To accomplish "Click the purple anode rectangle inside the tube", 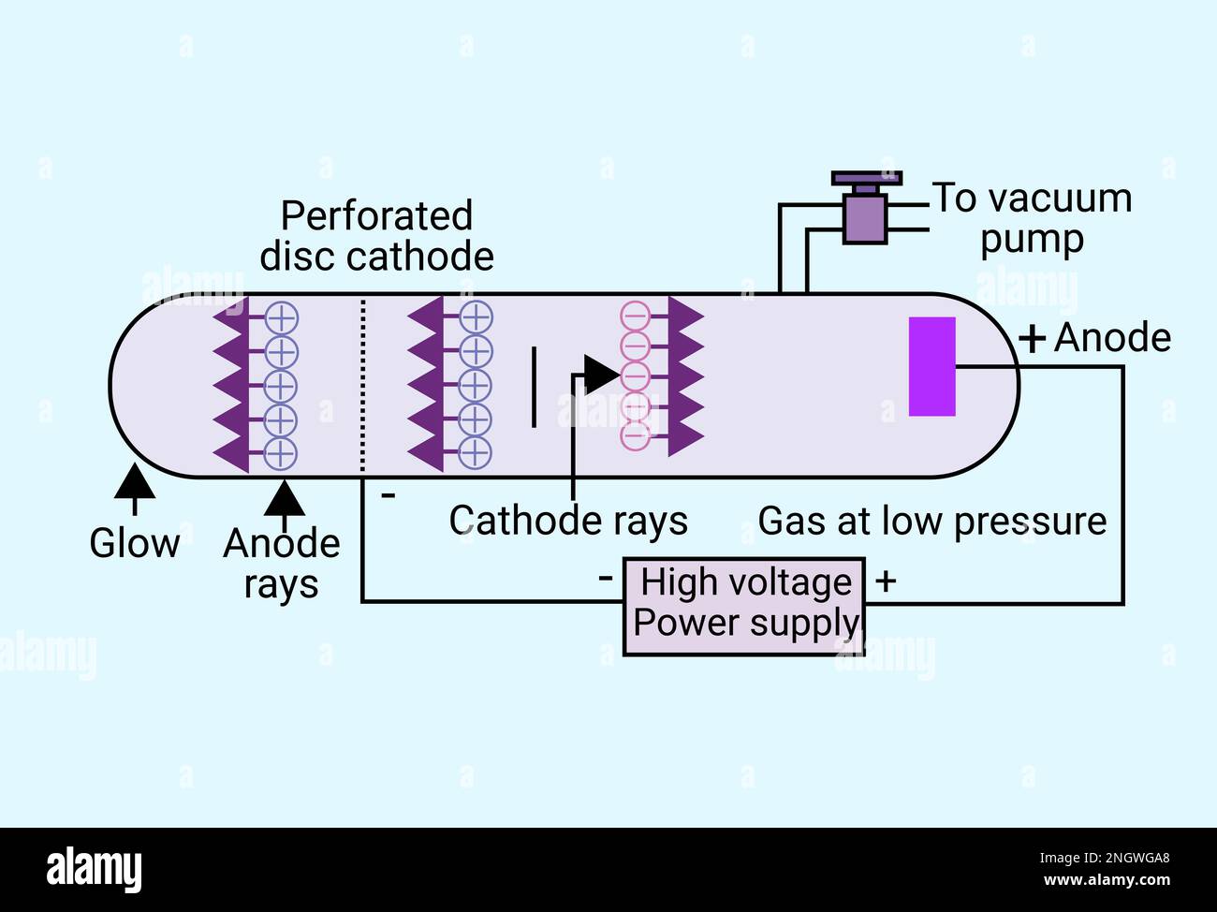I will pyautogui.click(x=931, y=366).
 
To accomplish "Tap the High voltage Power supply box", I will pyautogui.click(x=744, y=605).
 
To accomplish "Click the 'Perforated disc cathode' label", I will pyautogui.click(x=376, y=236).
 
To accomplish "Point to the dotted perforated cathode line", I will pyautogui.click(x=362, y=384).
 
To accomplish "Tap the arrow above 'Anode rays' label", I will pyautogui.click(x=284, y=498).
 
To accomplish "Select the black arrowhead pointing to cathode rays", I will pyautogui.click(x=599, y=374).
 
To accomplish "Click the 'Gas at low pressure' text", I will pyautogui.click(x=931, y=522).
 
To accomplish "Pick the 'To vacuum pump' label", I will pyautogui.click(x=1032, y=218).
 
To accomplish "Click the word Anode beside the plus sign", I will pyautogui.click(x=1112, y=338).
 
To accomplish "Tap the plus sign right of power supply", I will pyautogui.click(x=886, y=581).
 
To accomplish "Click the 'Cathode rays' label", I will pyautogui.click(x=568, y=522).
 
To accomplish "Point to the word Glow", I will pyautogui.click(x=134, y=543).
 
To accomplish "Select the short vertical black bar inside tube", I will pyautogui.click(x=534, y=387).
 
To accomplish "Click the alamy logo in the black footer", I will pyautogui.click(x=95, y=869).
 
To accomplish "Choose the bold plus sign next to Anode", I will pyautogui.click(x=1032, y=338).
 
